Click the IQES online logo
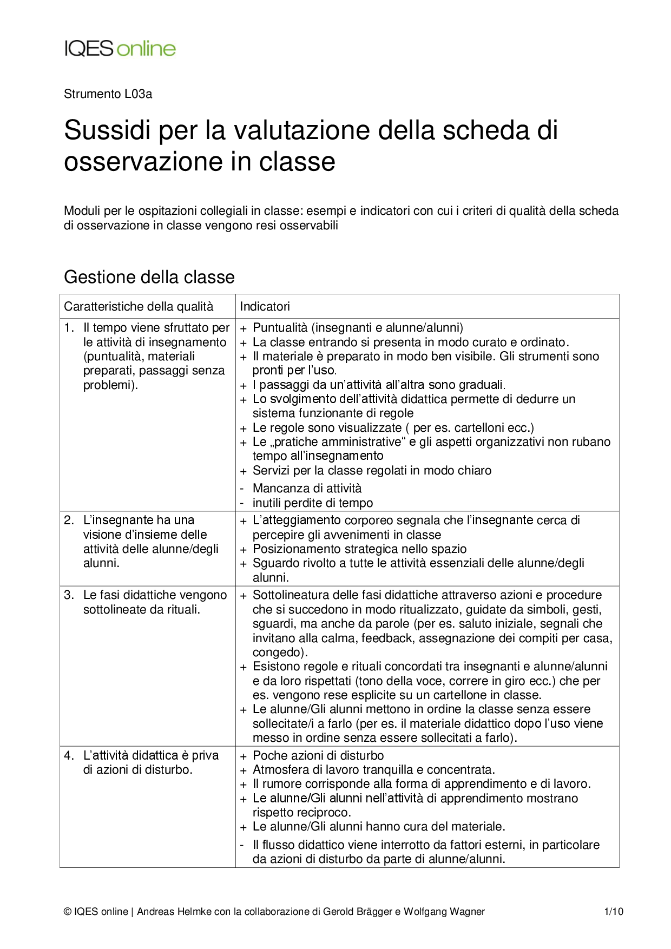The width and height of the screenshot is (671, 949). [x=120, y=49]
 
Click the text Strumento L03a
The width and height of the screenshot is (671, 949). [x=108, y=94]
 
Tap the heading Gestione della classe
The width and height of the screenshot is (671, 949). [x=149, y=277]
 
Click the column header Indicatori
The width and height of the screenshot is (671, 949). [x=265, y=307]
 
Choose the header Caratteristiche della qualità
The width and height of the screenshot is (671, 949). [x=139, y=307]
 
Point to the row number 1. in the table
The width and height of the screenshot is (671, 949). [x=69, y=328]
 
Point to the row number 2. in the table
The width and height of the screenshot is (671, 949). [x=69, y=520]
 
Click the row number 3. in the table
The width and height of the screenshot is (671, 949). [x=69, y=595]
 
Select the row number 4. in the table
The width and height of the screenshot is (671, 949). [x=69, y=756]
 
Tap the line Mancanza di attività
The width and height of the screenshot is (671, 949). [x=307, y=489]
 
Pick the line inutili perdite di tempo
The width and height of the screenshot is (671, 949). [x=313, y=503]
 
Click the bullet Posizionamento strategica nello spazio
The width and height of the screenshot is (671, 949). [x=359, y=549]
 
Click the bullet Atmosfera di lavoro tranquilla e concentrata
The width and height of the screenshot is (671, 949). [x=373, y=770]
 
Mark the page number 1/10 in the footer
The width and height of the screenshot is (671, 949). [x=614, y=912]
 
